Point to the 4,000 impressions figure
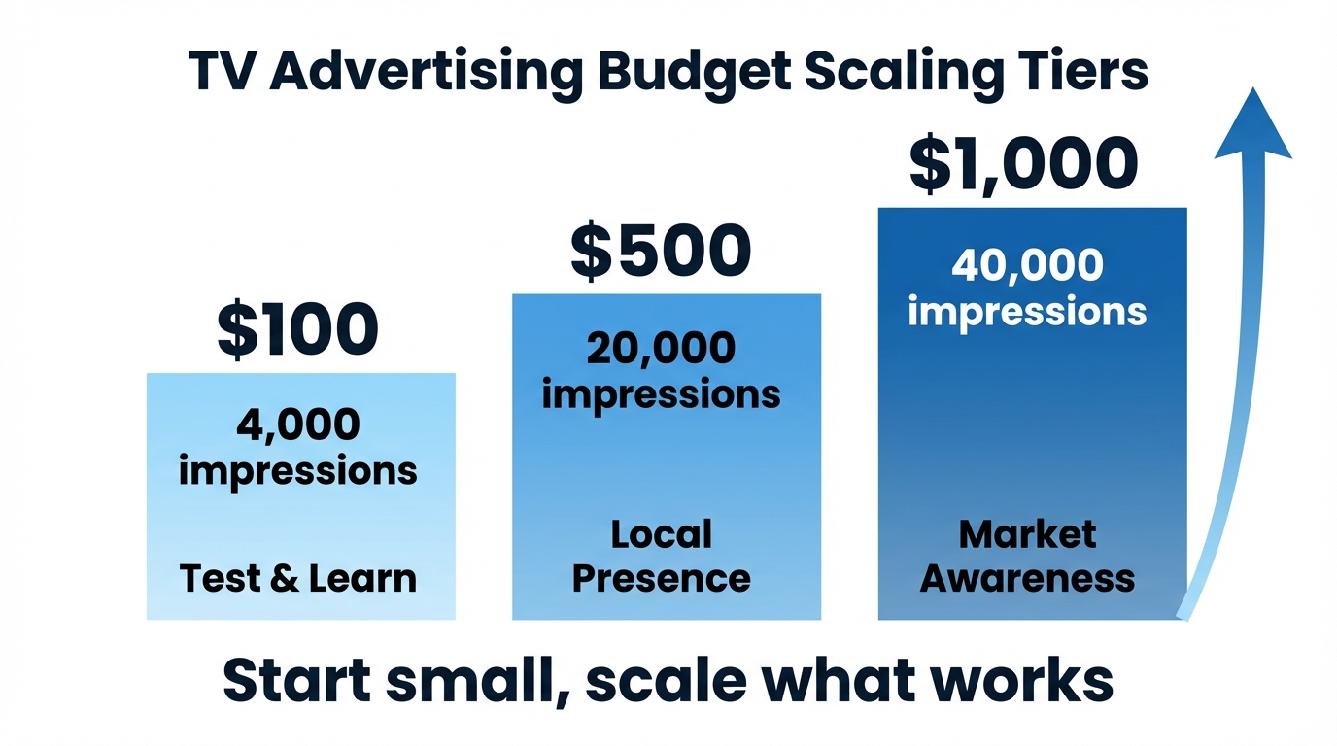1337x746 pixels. tap(297, 447)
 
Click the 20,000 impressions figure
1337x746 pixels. tap(661, 371)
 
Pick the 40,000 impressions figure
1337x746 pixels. tap(1027, 288)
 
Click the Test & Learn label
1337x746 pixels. tap(297, 579)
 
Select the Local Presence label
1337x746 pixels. tap(661, 556)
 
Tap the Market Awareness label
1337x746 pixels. tap(1027, 556)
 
